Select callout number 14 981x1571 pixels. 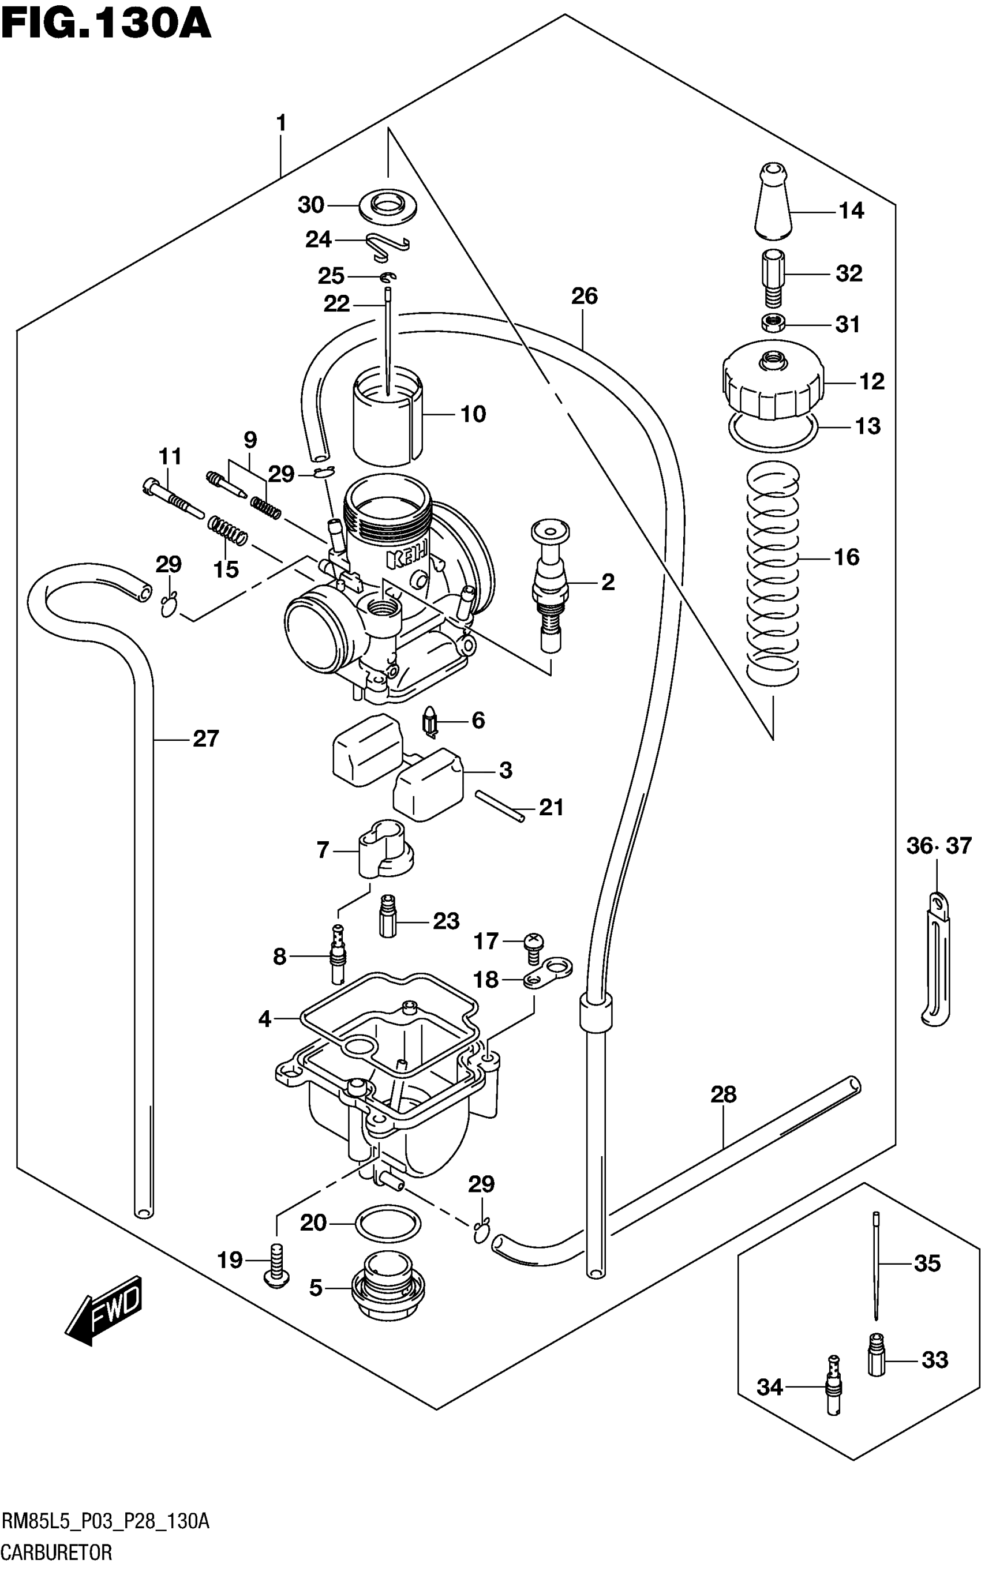(x=851, y=211)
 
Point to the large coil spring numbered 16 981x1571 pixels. (x=773, y=571)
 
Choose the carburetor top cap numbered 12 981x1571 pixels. (x=772, y=383)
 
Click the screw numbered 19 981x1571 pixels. (x=276, y=1265)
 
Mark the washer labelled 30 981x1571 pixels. (x=388, y=205)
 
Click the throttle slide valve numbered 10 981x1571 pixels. (x=387, y=415)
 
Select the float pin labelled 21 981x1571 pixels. (x=500, y=806)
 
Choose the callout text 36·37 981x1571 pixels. (x=939, y=846)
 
